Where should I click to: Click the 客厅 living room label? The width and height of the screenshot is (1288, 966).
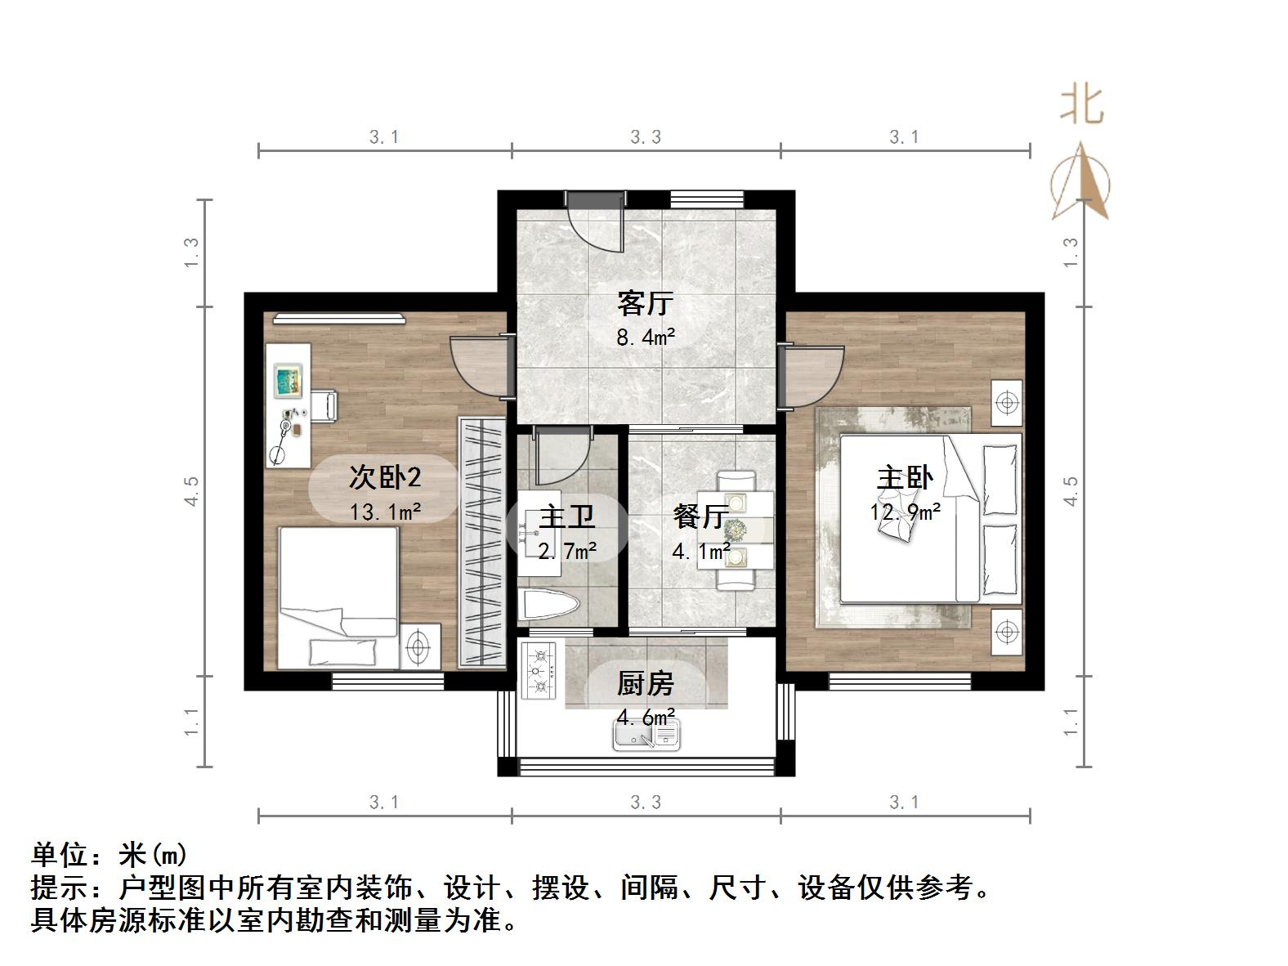point(645,303)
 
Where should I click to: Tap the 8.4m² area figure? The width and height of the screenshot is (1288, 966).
point(645,336)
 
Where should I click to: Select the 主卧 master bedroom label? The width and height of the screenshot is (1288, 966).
point(905,478)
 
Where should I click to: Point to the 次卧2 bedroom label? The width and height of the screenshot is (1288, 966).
point(384,476)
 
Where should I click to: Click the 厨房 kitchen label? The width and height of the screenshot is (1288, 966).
point(645,683)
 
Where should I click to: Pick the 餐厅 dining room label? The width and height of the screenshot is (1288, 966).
point(700,517)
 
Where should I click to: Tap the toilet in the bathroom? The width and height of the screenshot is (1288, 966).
point(549,606)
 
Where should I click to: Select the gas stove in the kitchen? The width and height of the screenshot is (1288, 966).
point(539,670)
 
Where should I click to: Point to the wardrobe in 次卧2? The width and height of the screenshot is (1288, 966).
point(482,542)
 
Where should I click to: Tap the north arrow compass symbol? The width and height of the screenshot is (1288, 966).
point(1081,183)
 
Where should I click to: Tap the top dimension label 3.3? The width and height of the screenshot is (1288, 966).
point(646,137)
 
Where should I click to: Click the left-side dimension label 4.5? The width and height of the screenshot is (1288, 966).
point(192,491)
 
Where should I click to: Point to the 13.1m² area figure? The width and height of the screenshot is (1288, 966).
point(384,512)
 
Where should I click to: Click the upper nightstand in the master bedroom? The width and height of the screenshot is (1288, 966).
point(1007,403)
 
